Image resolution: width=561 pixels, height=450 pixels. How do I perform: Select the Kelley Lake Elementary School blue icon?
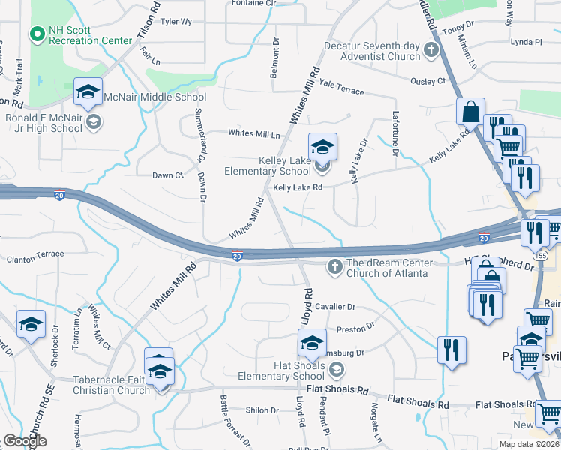tap(322, 147)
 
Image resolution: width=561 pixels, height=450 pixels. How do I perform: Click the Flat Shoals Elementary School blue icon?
tap(312, 343)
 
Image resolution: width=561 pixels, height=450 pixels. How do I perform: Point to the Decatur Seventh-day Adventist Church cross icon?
tap(431, 51)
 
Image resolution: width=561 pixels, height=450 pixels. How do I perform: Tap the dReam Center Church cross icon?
tap(335, 266)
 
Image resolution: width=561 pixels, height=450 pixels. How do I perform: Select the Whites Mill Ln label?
tap(253, 134)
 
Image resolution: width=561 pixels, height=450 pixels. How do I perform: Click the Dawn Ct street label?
tap(167, 175)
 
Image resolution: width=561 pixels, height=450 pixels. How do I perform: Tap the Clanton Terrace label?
tap(35, 255)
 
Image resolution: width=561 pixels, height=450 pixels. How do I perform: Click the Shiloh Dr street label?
tap(262, 410)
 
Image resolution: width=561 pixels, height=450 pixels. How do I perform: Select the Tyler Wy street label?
tap(175, 22)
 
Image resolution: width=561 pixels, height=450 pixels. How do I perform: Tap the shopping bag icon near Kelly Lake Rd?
tap(470, 112)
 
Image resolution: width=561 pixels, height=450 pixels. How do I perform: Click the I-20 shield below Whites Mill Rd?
tap(237, 256)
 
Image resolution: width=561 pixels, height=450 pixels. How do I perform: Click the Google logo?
tap(25, 441)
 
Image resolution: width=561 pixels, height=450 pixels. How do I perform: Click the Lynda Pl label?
tap(525, 42)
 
